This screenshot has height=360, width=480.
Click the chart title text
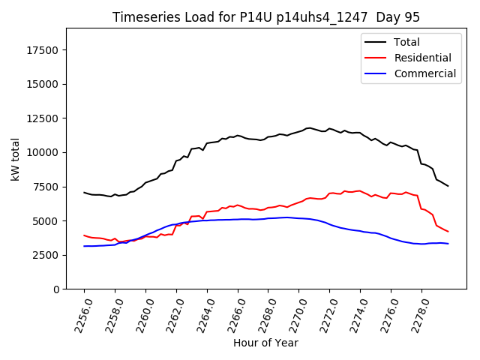266,17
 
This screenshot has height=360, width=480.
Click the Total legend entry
406,42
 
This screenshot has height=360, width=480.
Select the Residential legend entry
422,58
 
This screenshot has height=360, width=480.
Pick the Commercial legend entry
424,73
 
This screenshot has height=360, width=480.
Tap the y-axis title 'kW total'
16,159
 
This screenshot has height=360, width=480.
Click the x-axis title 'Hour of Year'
265,343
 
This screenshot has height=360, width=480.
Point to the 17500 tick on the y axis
43,50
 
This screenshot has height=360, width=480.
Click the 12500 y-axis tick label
43,118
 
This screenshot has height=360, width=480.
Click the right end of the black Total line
448,186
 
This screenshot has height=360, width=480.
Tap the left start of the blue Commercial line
84,246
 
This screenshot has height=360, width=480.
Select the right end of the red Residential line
448,231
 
